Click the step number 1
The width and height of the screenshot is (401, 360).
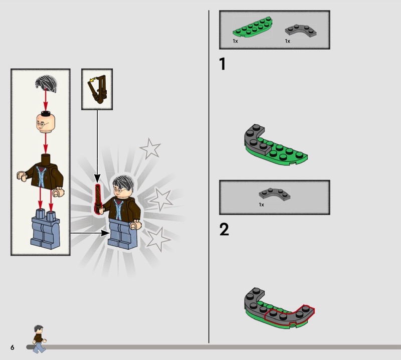(223, 64)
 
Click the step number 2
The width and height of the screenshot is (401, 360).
(224, 229)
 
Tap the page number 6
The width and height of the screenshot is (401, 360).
(12, 347)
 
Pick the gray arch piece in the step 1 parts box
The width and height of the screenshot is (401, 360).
(301, 30)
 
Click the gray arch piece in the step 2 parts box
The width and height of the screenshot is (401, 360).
(275, 194)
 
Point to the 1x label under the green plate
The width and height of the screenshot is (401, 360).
(235, 41)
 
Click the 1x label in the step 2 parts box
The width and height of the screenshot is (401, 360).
(261, 205)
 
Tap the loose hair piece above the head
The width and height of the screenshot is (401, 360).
(46, 83)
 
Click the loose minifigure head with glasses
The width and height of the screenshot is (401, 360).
(46, 122)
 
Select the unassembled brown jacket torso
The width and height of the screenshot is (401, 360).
(41, 174)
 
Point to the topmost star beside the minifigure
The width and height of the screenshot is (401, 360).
(150, 148)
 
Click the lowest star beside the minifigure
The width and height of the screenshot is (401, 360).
(157, 239)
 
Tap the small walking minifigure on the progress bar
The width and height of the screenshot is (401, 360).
(39, 339)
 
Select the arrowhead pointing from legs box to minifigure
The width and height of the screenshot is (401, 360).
(105, 233)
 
